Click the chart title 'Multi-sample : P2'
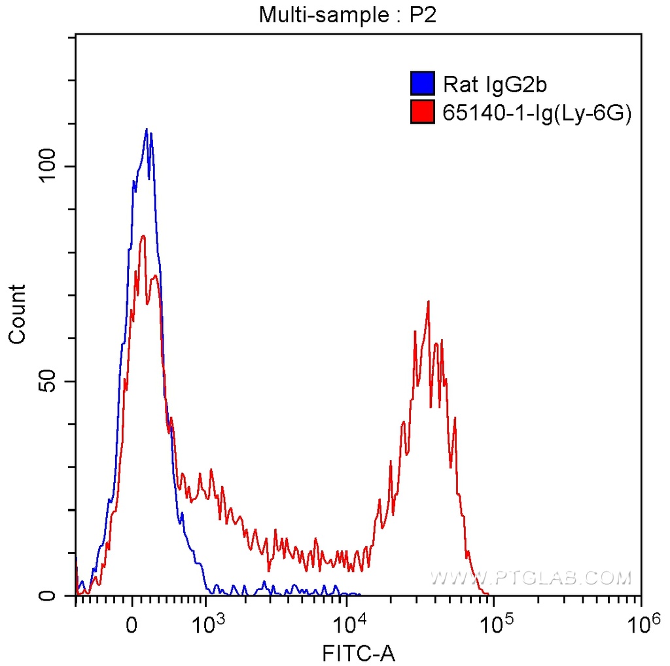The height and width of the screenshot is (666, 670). (347, 15)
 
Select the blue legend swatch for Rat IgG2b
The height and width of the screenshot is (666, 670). (423, 84)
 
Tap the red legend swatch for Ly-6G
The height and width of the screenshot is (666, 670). (423, 113)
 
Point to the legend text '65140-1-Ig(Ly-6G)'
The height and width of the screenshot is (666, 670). (537, 113)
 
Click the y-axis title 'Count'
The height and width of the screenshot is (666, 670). (17, 314)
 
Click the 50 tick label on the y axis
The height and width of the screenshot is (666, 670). (46, 381)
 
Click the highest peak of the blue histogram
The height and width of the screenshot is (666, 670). (147, 130)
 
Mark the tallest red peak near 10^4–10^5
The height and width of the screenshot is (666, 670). (428, 302)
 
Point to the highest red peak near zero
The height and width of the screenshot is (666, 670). (143, 236)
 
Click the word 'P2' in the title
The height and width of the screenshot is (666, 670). (423, 15)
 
